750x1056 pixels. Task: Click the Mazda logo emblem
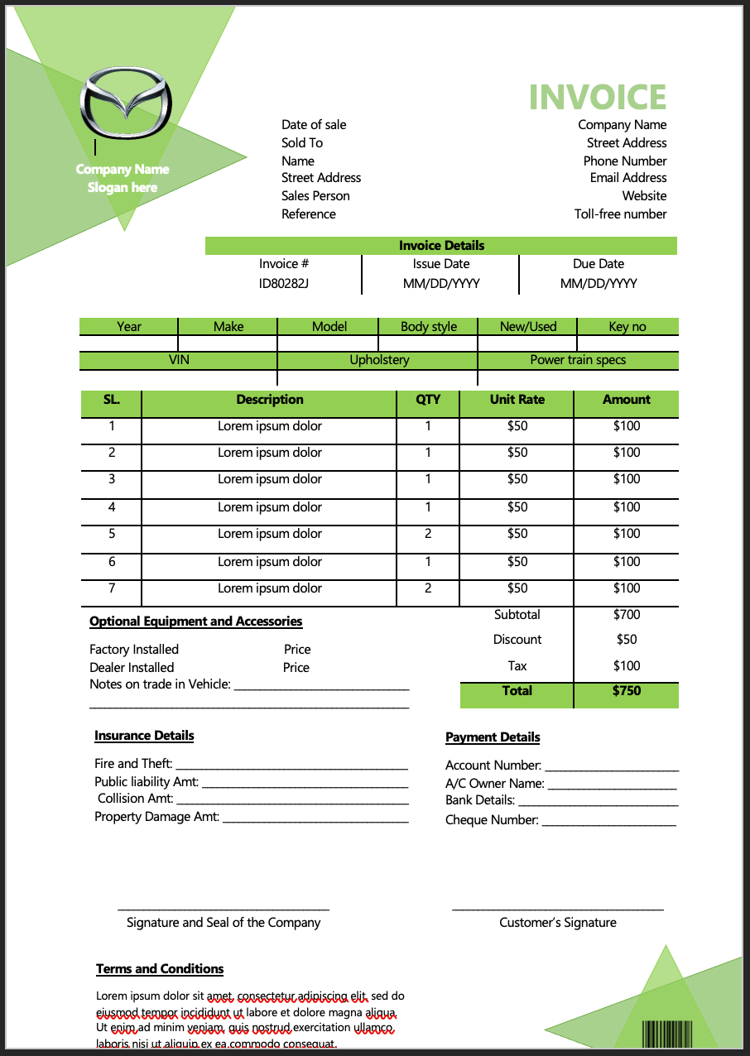pos(126,104)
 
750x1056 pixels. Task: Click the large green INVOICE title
pos(597,98)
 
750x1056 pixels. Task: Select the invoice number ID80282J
pos(284,283)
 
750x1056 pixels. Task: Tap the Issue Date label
pos(440,264)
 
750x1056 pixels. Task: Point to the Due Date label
pos(598,264)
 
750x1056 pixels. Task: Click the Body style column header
pos(428,327)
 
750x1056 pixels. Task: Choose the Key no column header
pos(627,327)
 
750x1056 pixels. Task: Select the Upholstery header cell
pos(379,360)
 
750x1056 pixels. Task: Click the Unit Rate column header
pos(517,400)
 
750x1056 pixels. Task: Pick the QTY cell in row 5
pos(428,534)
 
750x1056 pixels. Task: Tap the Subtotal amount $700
pos(627,615)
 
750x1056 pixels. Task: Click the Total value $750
pos(627,691)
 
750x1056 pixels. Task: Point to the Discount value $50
pos(627,640)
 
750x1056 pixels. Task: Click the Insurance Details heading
pos(144,736)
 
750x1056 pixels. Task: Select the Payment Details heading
pos(493,737)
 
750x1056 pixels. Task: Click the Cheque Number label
pos(492,820)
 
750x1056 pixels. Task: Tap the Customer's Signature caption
pos(557,923)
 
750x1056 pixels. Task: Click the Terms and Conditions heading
pos(160,969)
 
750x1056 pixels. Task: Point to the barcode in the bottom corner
pos(667,1035)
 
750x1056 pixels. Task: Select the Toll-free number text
pos(620,214)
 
